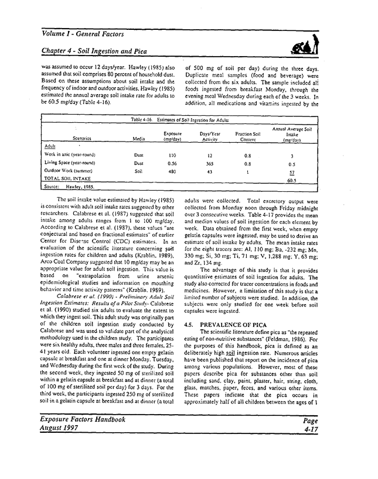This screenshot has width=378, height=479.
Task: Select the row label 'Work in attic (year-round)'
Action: (x=70, y=154)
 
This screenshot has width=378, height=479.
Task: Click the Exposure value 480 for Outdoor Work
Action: (x=172, y=171)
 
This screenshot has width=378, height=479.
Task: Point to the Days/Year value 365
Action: (x=209, y=163)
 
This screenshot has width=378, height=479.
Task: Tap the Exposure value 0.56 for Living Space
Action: (x=172, y=163)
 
